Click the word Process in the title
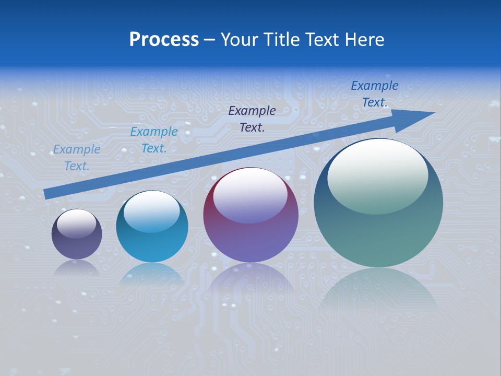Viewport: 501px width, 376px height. pos(164,40)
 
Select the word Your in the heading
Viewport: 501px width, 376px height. pos(238,40)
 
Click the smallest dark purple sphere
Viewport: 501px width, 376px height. pos(77,234)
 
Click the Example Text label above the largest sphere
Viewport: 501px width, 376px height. pos(374,94)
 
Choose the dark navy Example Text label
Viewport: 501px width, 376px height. pos(252,119)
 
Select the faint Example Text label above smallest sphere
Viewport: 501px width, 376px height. pos(77,158)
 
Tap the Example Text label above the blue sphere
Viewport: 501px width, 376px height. pos(154,140)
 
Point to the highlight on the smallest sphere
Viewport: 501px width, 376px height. pos(76,224)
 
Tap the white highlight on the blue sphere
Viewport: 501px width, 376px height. pos(151,211)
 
